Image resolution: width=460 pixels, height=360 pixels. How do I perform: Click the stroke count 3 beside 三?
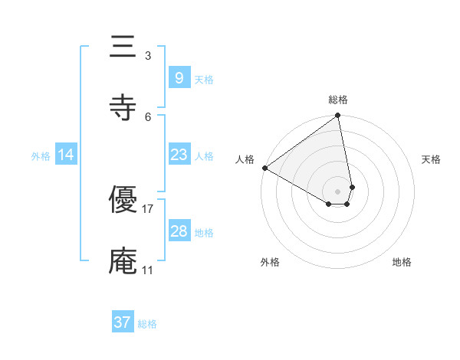point(147,55)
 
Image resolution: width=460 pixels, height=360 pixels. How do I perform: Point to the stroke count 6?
point(147,116)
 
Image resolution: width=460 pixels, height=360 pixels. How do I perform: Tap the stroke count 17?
point(148,208)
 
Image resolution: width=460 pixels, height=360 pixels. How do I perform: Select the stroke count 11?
point(148,270)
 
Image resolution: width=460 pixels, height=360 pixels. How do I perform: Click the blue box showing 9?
point(179,77)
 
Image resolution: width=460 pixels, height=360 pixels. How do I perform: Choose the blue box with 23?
point(179,155)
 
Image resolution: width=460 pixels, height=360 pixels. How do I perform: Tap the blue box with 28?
point(179,231)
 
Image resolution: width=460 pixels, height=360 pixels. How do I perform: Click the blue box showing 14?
point(66,155)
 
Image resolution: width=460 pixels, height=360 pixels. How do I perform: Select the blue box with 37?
point(123,322)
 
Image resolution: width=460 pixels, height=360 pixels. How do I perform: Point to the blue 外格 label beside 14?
point(41,156)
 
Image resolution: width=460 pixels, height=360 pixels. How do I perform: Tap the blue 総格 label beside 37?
point(147,324)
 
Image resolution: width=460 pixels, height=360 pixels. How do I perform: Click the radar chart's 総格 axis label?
point(338,100)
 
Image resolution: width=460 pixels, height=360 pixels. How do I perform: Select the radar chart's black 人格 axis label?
point(245,159)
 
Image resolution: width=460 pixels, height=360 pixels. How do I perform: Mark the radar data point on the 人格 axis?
point(264,168)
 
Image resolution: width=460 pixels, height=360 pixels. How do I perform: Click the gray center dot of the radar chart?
point(338,191)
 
